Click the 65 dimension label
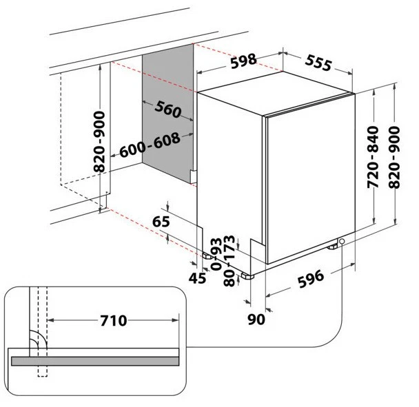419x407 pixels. point(160,222)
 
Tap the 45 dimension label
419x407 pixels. point(197,278)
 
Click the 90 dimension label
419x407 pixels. point(256,319)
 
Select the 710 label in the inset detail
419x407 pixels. point(113,321)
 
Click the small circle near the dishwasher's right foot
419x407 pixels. point(342,241)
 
